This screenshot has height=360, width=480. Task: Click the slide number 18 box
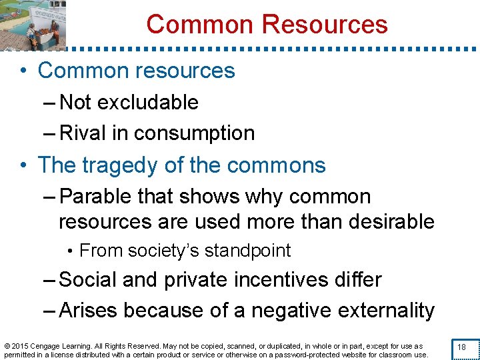[461, 347]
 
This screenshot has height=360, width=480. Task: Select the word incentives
[259, 279]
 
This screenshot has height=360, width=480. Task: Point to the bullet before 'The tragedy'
[24, 165]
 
